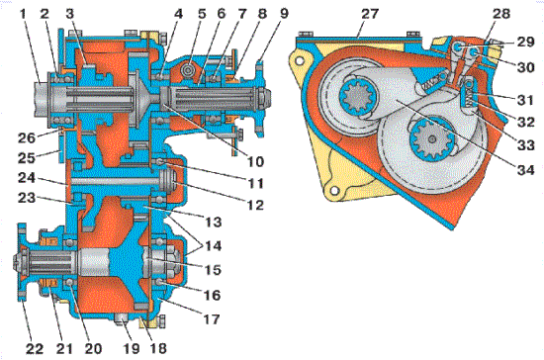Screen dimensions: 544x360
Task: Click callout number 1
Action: click(24, 14)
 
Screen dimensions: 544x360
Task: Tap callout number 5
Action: click(202, 14)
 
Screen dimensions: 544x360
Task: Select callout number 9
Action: click(284, 14)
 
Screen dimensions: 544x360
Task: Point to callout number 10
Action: click(256, 161)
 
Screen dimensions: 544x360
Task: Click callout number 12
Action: click(256, 205)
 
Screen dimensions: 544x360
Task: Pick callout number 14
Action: click(213, 246)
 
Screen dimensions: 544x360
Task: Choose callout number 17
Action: click(212, 318)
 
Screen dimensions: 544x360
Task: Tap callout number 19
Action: click(132, 348)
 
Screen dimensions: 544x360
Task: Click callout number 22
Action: click(35, 348)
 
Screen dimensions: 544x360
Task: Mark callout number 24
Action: click(27, 178)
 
